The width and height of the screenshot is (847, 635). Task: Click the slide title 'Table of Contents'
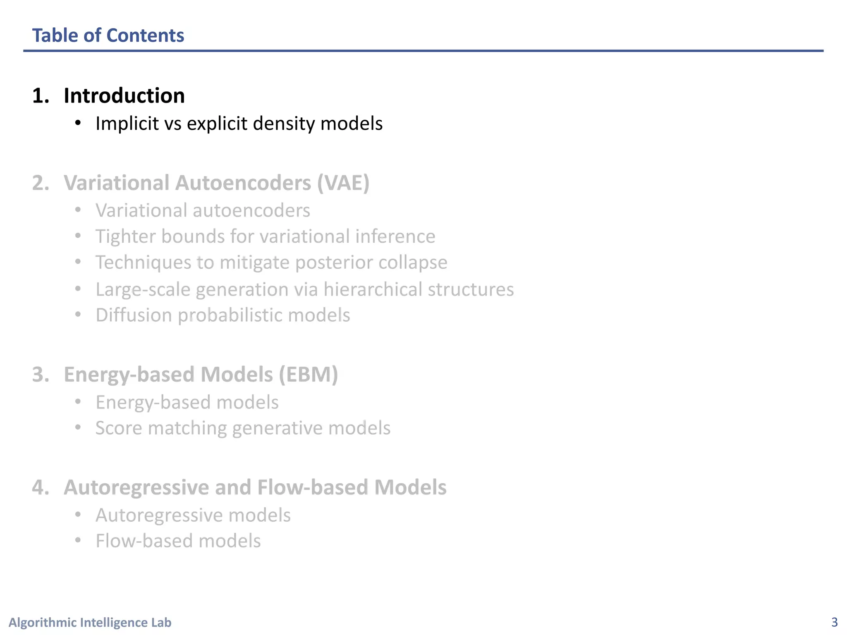pos(108,36)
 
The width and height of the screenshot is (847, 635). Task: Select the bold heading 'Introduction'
pos(124,96)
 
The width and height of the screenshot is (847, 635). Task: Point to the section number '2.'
pos(41,183)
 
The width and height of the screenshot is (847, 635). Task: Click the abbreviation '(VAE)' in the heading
pos(343,183)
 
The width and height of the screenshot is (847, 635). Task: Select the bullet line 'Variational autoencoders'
pos(203,210)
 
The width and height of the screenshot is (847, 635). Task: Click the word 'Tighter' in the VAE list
pos(125,236)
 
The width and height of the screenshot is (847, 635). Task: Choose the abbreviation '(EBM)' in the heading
pos(308,375)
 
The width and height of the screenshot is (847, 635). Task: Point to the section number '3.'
pos(41,375)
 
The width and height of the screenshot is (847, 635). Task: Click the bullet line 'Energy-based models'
pos(187,402)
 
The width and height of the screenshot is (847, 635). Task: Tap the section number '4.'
pos(41,487)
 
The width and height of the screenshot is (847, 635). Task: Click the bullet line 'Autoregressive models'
pos(193,516)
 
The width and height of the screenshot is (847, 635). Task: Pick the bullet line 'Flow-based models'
pos(178,541)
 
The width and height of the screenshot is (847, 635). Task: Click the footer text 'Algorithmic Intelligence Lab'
pos(90,622)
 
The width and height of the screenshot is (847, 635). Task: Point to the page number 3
pos(834,622)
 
